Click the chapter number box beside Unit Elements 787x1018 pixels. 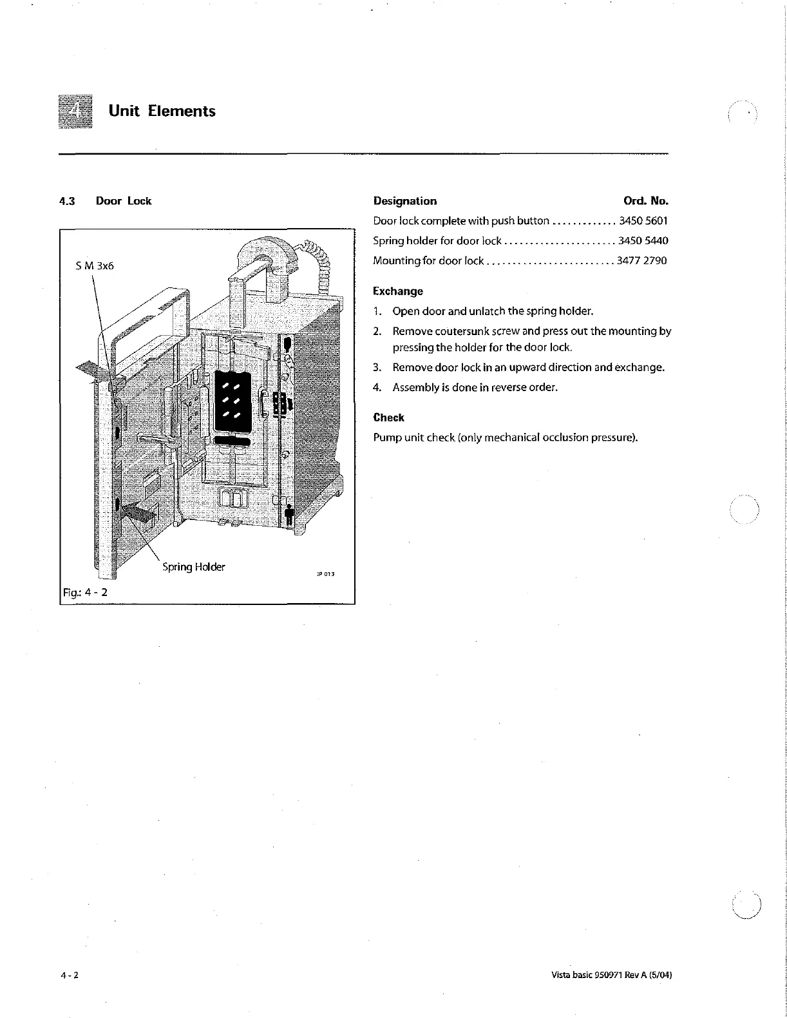tap(75, 111)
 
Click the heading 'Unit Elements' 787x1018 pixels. tap(162, 111)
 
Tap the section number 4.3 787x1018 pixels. tap(67, 201)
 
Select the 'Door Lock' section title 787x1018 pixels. tap(123, 201)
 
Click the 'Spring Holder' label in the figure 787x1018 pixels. tap(193, 567)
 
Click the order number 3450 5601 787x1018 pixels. tap(643, 221)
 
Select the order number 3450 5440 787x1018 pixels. tap(643, 241)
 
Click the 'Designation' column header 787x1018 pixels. tap(404, 201)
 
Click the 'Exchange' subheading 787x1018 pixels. tap(398, 291)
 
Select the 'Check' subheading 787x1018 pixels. tap(389, 418)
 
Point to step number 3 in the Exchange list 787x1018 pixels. tap(377, 368)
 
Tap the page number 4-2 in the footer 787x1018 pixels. tap(67, 974)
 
